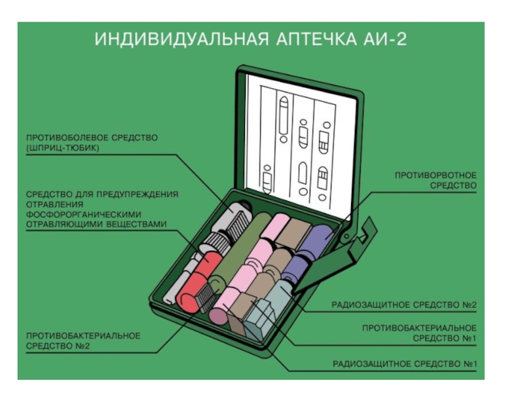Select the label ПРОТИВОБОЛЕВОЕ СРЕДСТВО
point(92,138)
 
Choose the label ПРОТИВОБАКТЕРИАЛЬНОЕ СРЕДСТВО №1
point(419,333)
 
